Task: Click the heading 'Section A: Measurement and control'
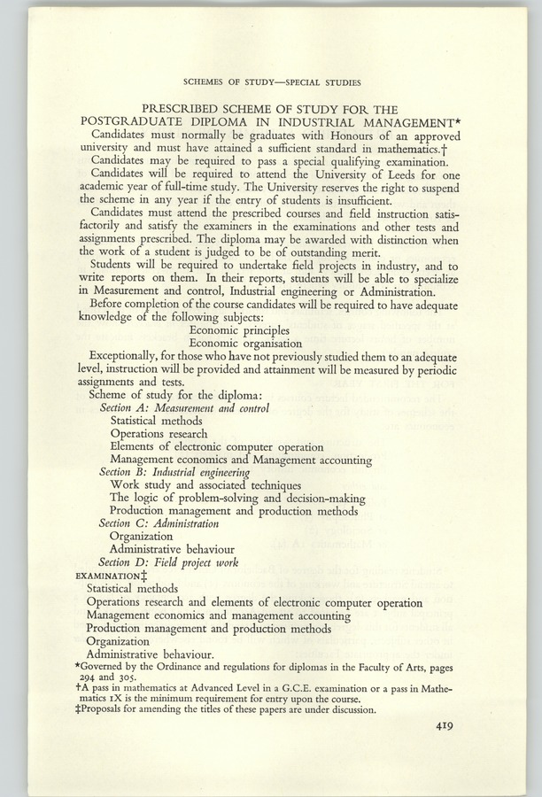click(x=184, y=408)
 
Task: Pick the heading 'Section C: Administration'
click(x=159, y=523)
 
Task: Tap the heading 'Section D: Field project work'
click(x=168, y=561)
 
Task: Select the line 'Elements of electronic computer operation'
click(x=217, y=447)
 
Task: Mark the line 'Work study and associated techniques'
click(x=205, y=485)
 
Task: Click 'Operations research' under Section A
click(x=159, y=434)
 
